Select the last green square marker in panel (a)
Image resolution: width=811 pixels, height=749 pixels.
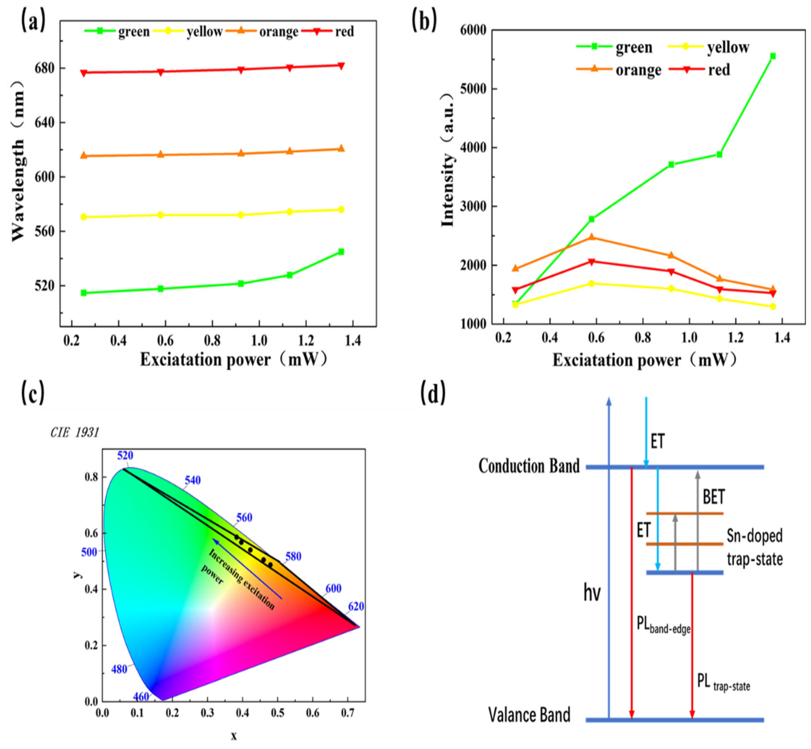pos(341,252)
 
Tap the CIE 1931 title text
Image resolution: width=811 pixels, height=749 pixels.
pos(75,433)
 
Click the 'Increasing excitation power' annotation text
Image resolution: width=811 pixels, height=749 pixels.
pos(239,580)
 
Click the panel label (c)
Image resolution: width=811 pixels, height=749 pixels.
pos(33,393)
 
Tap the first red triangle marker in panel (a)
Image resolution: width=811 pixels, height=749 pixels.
pos(84,73)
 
